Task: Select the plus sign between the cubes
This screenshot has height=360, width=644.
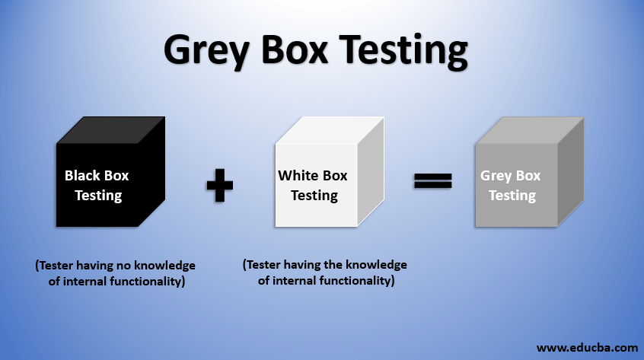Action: coord(219,186)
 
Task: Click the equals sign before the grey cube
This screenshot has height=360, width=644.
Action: coord(433,180)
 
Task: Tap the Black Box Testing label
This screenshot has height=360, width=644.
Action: coord(97,185)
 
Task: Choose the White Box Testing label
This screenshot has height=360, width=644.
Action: coord(313,185)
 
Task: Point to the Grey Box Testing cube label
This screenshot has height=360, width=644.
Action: coord(511,185)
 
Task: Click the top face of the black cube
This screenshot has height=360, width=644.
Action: coord(110,130)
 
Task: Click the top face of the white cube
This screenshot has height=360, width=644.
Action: coord(327,130)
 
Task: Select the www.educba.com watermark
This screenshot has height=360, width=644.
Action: coord(586,347)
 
